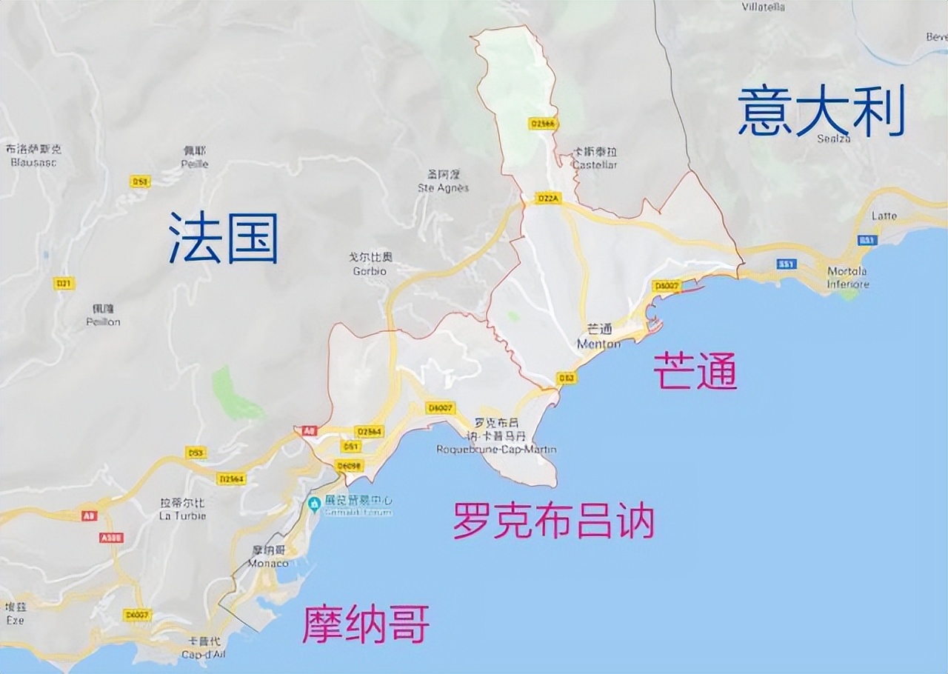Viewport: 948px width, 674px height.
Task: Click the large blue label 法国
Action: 223,238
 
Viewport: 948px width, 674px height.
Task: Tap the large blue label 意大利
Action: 821,111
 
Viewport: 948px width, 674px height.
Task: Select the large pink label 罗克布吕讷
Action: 553,521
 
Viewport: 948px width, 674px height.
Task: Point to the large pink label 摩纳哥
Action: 365,624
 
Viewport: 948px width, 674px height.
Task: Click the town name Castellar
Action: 594,164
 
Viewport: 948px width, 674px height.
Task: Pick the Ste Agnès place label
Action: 444,187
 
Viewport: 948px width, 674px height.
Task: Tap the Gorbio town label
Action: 370,270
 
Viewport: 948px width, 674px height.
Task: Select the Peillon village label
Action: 103,322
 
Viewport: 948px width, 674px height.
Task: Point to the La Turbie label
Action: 183,515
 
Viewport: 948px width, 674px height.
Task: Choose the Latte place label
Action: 884,216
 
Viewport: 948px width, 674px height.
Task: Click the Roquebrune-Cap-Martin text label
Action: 496,450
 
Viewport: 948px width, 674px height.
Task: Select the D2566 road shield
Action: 543,124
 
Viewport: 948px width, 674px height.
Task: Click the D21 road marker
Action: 64,283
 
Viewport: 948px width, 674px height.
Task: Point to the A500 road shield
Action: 111,537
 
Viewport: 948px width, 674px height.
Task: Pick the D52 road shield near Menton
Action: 567,378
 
